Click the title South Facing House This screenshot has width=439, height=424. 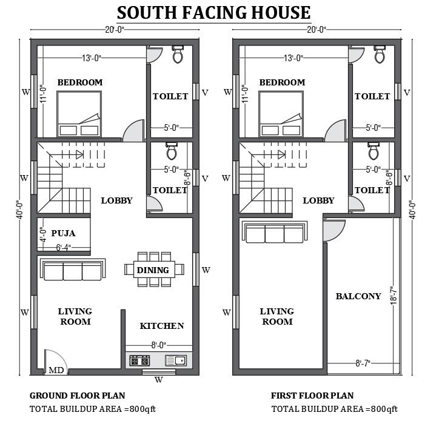213,13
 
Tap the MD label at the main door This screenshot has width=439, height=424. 56,370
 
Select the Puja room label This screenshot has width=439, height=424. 64,232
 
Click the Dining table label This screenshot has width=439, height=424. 153,270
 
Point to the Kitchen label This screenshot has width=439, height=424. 162,326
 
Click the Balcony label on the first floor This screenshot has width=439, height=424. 358,296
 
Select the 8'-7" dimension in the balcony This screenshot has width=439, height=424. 363,363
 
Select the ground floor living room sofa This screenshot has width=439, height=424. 73,269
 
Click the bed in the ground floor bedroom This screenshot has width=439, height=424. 79,113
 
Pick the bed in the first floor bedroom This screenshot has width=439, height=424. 280,113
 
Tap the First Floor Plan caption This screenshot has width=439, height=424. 312,396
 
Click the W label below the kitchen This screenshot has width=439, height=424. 158,380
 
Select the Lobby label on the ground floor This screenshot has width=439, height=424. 116,200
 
